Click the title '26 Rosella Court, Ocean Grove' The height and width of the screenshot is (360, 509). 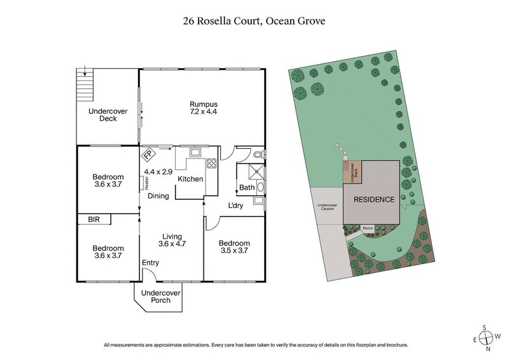point(254,21)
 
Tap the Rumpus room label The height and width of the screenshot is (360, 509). point(204,109)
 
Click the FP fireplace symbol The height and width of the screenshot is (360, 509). point(147,154)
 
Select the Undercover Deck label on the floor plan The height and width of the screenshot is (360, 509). point(108,114)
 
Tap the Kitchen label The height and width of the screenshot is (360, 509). point(190,179)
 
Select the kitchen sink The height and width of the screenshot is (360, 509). point(194,152)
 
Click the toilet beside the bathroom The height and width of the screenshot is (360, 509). point(258,155)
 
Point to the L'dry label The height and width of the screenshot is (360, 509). point(237,206)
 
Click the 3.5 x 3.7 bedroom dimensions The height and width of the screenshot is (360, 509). point(234,252)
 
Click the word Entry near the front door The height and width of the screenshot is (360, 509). point(150,263)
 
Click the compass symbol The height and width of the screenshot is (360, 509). point(485,337)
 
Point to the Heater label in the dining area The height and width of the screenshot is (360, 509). point(146,183)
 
